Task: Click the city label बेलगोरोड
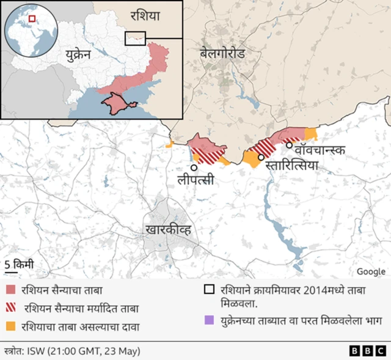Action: tap(222, 54)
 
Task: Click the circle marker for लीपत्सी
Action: tap(194, 167)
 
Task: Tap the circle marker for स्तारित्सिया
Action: tap(261, 157)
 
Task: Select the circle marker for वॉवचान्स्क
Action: tap(289, 145)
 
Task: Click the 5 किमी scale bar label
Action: tap(19, 265)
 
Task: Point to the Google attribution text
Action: tap(371, 272)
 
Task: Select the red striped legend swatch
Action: tap(10, 308)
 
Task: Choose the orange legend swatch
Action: tap(10, 326)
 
